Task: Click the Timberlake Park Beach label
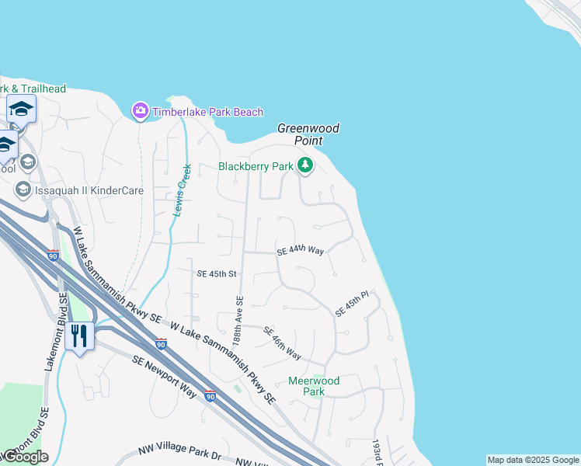[x=207, y=112]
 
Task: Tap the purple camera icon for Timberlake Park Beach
[x=140, y=112]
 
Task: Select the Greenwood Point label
[x=309, y=134]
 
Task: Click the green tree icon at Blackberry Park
[x=305, y=165]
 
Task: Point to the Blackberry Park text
[x=256, y=166]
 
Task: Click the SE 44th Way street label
[x=300, y=250]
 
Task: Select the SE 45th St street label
[x=216, y=274]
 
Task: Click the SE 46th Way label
[x=281, y=343]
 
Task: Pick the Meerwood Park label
[x=314, y=386]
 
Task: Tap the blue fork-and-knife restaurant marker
[x=80, y=336]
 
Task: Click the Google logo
[x=25, y=457]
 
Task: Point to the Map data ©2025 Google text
[x=533, y=460]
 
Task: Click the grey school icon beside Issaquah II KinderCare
[x=23, y=190]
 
